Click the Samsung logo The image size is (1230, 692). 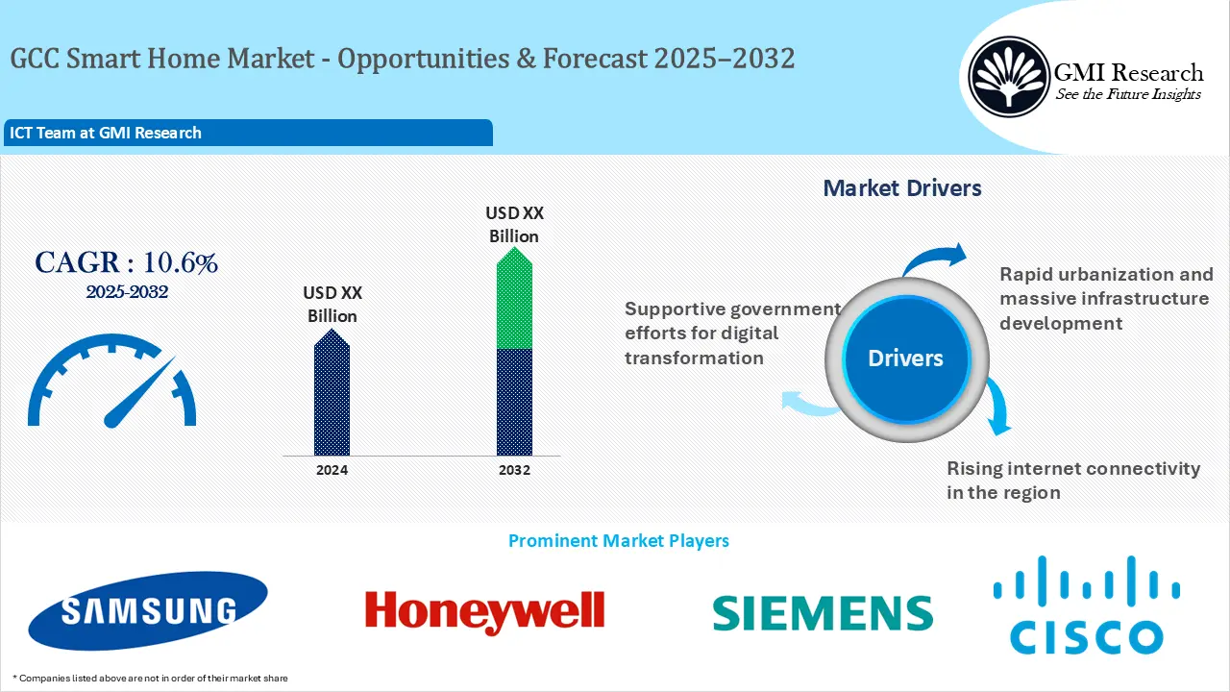pos(148,610)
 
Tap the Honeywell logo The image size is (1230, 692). pos(484,611)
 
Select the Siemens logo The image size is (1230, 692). pos(823,612)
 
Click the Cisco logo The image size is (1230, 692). pos(1087,606)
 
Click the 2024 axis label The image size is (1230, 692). pos(332,470)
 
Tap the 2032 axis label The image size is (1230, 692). pos(514,470)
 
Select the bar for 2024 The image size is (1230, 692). pos(332,393)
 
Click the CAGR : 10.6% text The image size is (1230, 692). pos(126,263)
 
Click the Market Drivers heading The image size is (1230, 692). pos(902,188)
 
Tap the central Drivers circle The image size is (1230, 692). pos(905,358)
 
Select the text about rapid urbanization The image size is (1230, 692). pos(1105,298)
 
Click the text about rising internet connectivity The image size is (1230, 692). pos(1073,480)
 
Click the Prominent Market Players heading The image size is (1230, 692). pos(618,541)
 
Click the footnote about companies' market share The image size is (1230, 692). pos(150,678)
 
